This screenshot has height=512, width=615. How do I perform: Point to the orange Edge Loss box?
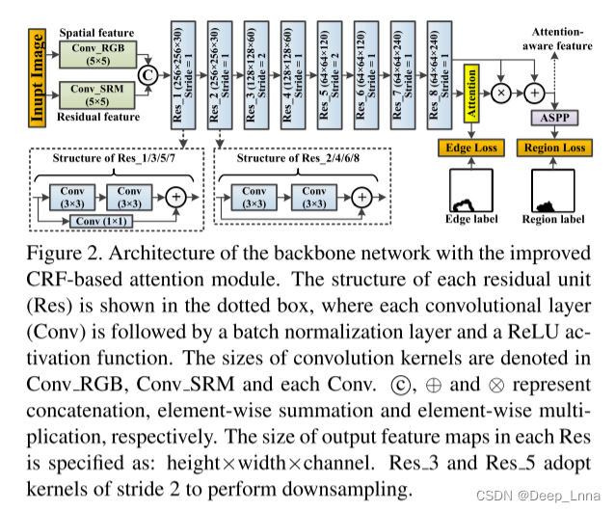[x=470, y=148]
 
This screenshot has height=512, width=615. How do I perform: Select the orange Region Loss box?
[x=553, y=148]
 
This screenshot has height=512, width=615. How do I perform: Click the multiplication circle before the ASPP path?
[x=501, y=93]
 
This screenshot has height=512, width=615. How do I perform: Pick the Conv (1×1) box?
[x=101, y=221]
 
